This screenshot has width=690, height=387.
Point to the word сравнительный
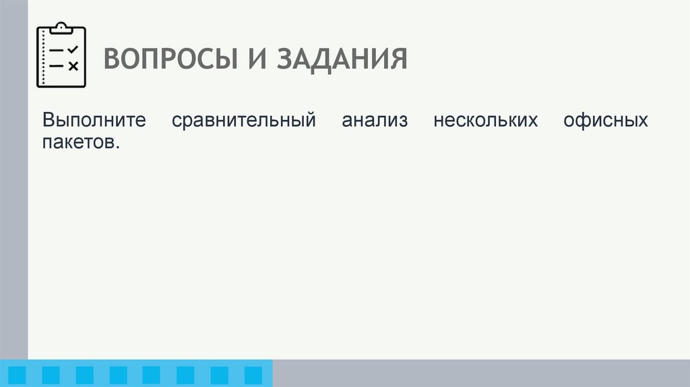coord(244,121)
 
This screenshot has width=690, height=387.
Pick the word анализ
coord(375,121)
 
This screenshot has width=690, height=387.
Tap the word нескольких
coord(485,121)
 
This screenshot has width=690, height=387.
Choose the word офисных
coord(604,121)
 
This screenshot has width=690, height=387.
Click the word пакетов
coord(81,143)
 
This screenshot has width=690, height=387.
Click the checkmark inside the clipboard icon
coord(73,50)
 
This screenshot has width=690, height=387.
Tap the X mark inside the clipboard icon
coord(73,66)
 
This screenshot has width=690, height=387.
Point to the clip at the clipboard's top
coord(61,28)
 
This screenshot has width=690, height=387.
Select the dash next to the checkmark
coord(57,51)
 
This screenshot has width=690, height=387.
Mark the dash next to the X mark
coord(57,66)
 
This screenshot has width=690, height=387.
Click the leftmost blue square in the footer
coord(17,375)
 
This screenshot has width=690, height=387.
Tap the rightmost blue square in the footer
coord(253,375)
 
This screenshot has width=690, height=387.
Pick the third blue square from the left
coord(85,375)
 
